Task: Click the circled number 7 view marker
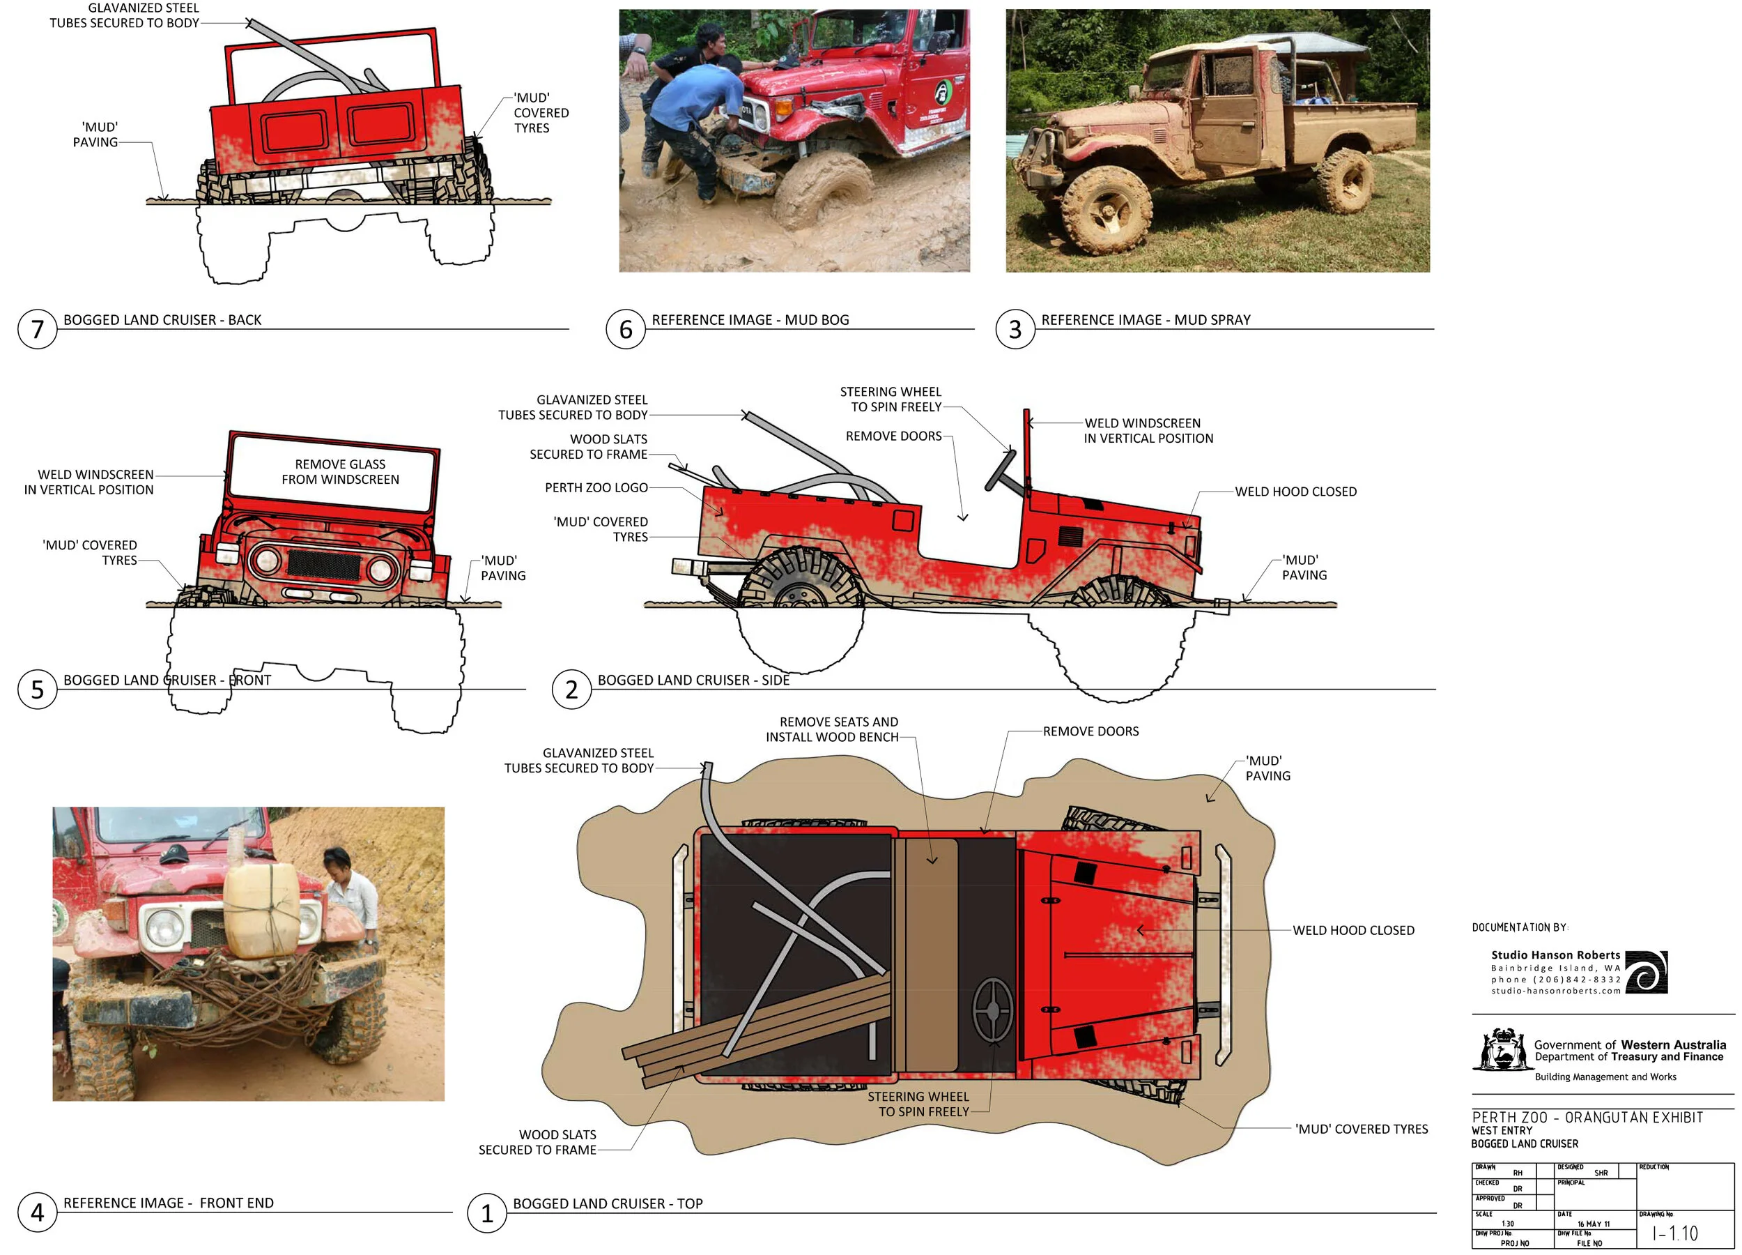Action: (x=37, y=329)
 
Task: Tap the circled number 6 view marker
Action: (x=625, y=329)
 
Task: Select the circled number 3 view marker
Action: (x=1015, y=329)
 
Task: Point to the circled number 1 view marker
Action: (x=486, y=1212)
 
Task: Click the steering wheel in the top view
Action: (x=992, y=1009)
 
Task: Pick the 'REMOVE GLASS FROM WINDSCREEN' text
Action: (x=340, y=472)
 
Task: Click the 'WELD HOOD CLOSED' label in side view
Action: (x=1296, y=492)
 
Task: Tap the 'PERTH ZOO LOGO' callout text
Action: (x=596, y=488)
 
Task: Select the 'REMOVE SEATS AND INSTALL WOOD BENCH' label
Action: (x=832, y=729)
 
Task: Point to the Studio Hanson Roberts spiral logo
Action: (x=1646, y=972)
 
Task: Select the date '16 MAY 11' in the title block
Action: (x=1594, y=1224)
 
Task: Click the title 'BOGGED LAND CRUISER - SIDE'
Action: (x=693, y=680)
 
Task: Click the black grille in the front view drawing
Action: (x=323, y=565)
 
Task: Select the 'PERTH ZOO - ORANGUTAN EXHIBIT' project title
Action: (x=1587, y=1118)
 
